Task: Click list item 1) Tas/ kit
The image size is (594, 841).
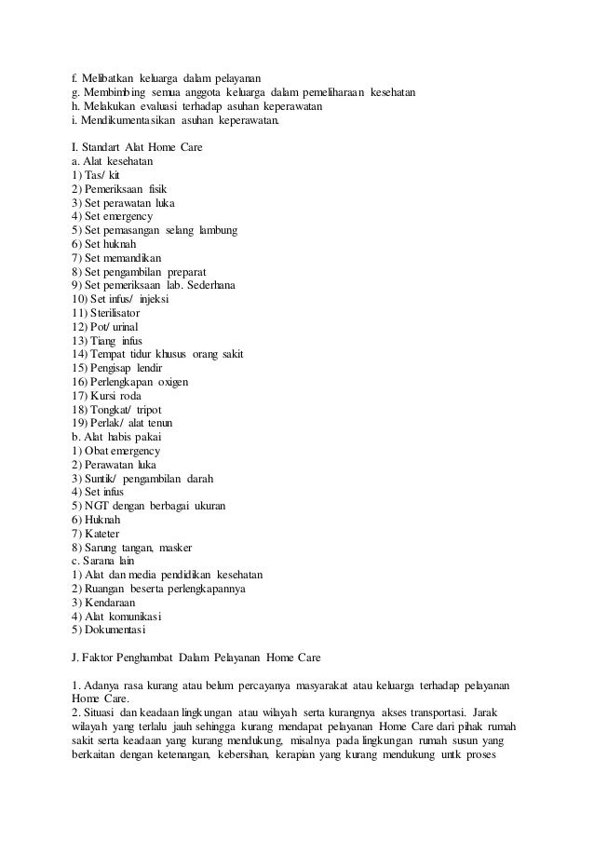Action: [95, 174]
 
